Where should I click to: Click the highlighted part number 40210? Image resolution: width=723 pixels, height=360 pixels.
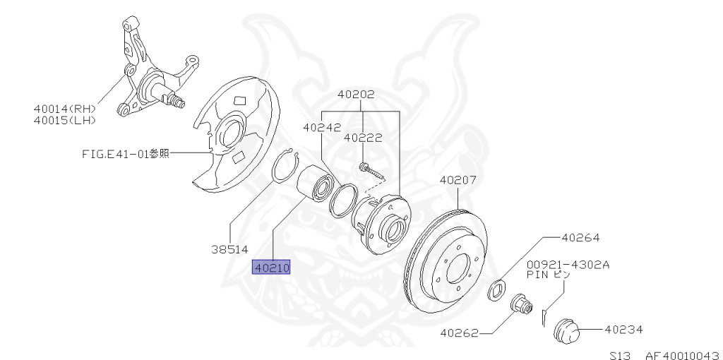point(272,268)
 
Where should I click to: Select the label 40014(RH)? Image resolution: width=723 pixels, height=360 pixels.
point(64,109)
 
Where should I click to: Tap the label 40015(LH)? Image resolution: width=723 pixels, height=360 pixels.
point(64,120)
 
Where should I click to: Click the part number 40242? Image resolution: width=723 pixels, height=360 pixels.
point(322,128)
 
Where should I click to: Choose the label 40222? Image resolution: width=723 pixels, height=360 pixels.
point(363,138)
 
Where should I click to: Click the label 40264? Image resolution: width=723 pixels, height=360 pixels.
point(580,239)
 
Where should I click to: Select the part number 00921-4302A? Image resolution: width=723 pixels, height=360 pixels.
point(568,265)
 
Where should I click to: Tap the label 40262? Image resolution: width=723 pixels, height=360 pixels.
point(460,332)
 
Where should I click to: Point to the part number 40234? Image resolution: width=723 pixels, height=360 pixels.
point(623,329)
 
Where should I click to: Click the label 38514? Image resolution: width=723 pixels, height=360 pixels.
point(229,248)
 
